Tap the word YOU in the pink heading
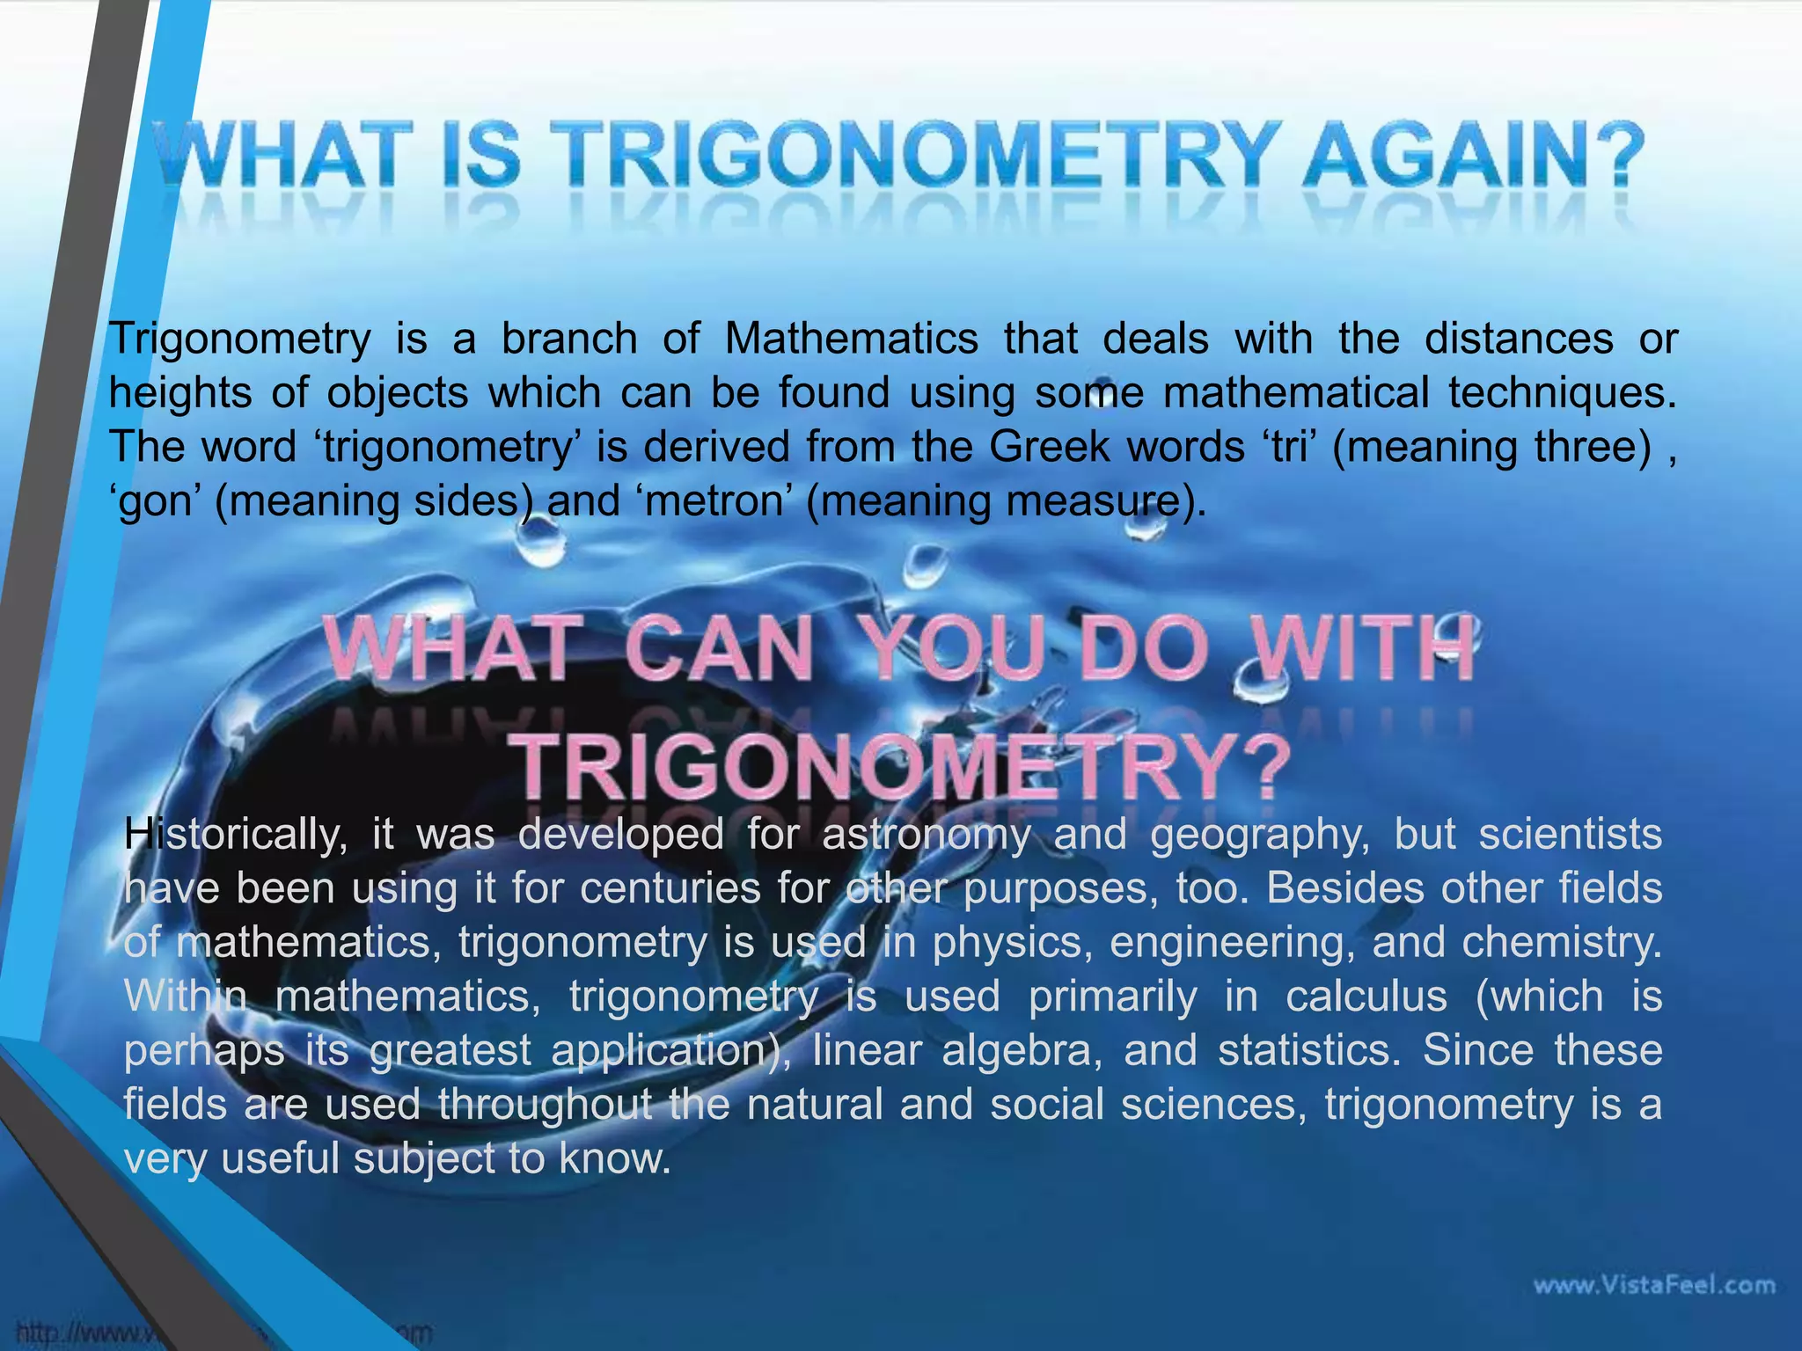963,651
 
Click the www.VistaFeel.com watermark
1654,1286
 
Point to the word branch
569,339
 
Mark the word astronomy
926,834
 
